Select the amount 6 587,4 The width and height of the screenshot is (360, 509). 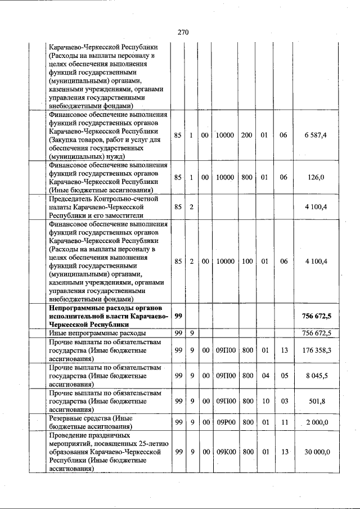pos(316,136)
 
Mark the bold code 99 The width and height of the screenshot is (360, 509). pos(178,316)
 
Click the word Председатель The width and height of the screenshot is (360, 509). pos(72,199)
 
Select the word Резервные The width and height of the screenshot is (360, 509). pos(66,418)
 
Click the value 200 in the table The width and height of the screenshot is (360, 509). pos(246,136)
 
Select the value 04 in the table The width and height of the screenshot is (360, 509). pos(264,375)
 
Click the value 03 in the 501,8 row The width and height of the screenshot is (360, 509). pos(284,400)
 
